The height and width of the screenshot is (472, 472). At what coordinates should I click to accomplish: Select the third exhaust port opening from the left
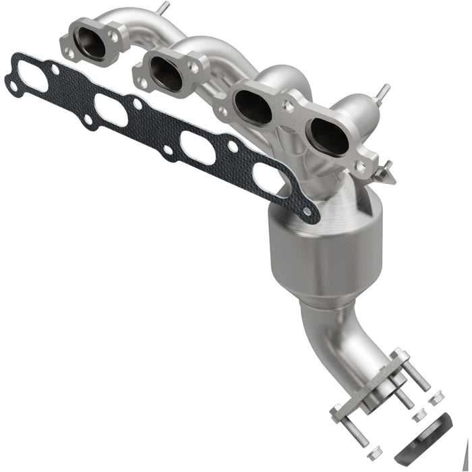point(251,107)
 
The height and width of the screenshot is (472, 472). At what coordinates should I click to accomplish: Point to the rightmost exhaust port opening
point(329,136)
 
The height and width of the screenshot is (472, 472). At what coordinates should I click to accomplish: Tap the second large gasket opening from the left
point(111,110)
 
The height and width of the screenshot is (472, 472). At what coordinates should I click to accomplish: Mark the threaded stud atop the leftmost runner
point(162,7)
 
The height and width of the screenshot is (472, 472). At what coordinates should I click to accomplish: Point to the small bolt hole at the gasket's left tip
point(11,84)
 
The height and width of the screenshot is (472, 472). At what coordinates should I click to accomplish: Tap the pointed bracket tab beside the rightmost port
point(386,174)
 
